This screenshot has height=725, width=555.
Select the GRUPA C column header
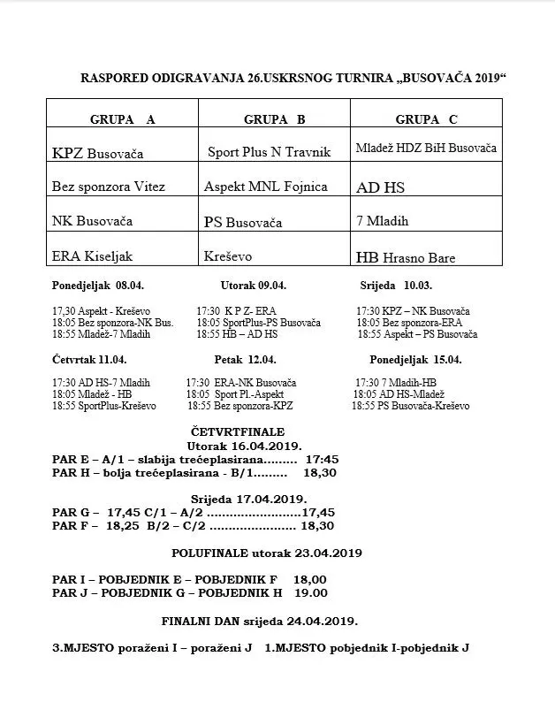tap(426, 119)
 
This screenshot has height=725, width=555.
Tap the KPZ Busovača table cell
tap(98, 153)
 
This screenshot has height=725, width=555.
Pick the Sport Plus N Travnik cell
tap(269, 152)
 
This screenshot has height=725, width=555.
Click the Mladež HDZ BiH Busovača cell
tap(426, 148)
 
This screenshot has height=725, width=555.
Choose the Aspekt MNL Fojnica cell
tap(266, 187)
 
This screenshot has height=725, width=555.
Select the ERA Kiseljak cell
tap(93, 256)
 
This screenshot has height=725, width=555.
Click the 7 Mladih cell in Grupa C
tap(383, 221)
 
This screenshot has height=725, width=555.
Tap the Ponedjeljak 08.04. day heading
tap(96, 286)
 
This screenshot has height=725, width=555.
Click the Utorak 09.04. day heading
tap(254, 286)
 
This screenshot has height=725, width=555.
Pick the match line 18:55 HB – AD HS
tap(237, 335)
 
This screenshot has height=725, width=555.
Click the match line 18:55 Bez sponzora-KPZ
tap(239, 406)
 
